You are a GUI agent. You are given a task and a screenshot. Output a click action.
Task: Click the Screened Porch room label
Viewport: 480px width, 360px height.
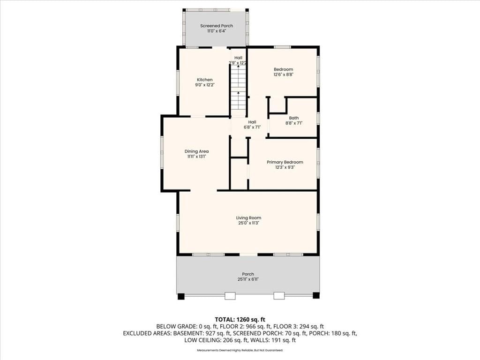click(x=217, y=26)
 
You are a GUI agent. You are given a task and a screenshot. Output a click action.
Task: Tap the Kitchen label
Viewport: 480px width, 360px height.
click(x=205, y=80)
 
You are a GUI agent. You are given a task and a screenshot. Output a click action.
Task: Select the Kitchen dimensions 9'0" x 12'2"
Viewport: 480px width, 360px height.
click(x=205, y=85)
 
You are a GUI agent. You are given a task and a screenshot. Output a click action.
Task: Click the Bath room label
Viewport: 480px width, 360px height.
click(x=294, y=118)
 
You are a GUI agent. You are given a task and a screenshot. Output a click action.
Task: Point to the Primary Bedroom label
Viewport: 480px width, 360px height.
click(x=285, y=162)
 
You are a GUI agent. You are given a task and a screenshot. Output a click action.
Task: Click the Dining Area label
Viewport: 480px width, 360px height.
click(x=196, y=151)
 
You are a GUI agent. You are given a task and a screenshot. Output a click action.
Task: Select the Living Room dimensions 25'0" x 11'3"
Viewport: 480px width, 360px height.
click(x=248, y=223)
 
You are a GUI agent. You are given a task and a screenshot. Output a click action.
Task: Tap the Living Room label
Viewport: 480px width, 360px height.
click(x=248, y=217)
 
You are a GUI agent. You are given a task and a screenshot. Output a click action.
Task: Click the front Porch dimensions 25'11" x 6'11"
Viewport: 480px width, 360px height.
click(x=248, y=279)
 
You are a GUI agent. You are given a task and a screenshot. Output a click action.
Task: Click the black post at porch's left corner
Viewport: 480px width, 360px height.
click(x=181, y=296)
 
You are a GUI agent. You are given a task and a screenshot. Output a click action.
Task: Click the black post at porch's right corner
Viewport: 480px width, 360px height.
click(x=316, y=296)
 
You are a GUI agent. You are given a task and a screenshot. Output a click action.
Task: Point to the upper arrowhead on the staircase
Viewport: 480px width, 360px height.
click(x=239, y=66)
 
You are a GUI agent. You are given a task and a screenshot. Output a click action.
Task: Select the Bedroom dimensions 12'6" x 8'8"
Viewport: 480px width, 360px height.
click(x=284, y=75)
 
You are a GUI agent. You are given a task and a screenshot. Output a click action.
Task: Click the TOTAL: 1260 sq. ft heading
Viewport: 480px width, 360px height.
click(x=240, y=320)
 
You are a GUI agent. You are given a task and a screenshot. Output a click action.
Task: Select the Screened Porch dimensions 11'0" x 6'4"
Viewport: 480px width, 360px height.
click(x=217, y=31)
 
